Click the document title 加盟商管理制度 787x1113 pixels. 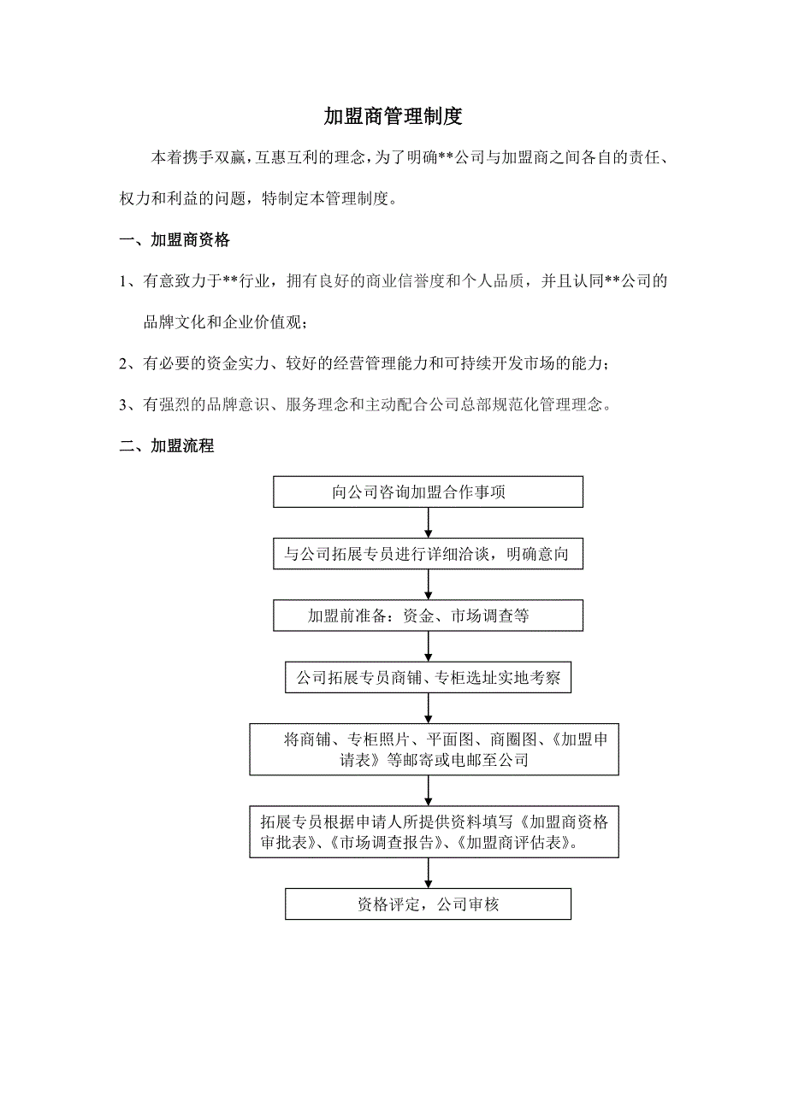coord(393,116)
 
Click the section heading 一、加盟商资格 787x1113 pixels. coord(175,240)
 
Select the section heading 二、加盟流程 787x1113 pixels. coord(167,445)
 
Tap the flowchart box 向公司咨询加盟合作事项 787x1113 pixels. coord(428,492)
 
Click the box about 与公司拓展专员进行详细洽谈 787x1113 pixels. coord(428,554)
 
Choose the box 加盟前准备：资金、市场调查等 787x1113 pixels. coord(428,615)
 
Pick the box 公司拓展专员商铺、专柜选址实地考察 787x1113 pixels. coord(428,678)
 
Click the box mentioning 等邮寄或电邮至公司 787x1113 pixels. coord(435,750)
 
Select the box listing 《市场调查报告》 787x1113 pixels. coord(435,832)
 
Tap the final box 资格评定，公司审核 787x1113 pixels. coord(428,904)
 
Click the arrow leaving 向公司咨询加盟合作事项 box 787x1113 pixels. coord(428,522)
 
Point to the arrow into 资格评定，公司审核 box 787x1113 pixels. coord(428,873)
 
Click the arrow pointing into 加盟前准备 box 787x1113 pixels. coord(428,585)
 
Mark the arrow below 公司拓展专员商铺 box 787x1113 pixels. coord(428,709)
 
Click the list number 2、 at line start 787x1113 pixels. coord(130,364)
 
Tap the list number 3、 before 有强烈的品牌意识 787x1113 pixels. coord(130,405)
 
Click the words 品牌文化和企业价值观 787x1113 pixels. coord(224,322)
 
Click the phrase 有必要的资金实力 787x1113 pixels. coord(204,364)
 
